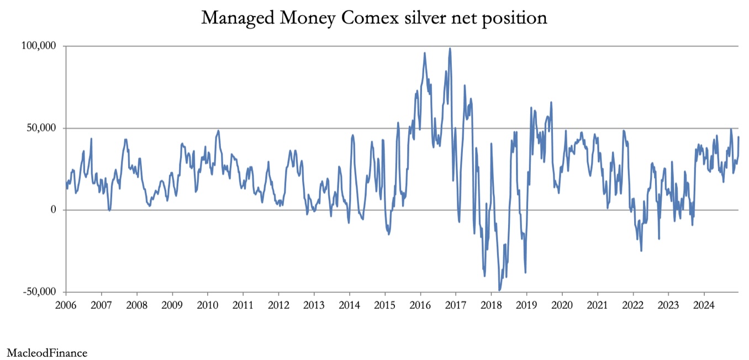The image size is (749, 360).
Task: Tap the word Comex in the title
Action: (x=370, y=17)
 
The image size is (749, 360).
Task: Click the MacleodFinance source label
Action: (x=47, y=353)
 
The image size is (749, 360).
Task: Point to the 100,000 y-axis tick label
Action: (x=39, y=45)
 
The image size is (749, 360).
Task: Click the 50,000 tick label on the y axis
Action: (x=41, y=128)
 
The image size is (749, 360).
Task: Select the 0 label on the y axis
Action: (x=54, y=210)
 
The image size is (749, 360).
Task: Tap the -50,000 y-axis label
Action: (x=39, y=292)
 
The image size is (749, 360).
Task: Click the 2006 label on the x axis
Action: (x=66, y=305)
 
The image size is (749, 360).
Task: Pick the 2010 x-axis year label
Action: (x=208, y=305)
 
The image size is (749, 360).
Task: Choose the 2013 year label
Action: (x=314, y=305)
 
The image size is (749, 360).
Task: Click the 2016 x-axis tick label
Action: (x=420, y=305)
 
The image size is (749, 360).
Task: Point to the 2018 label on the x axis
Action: (x=491, y=305)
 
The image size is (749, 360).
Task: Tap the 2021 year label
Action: (x=598, y=305)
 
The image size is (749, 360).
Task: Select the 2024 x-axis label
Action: (x=704, y=305)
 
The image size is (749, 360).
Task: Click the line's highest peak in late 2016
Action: (x=450, y=49)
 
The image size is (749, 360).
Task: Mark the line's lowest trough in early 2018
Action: (x=499, y=290)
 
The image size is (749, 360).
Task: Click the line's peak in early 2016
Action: (x=425, y=53)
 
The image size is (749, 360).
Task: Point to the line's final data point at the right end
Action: (x=739, y=137)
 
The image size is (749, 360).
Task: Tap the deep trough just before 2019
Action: (x=525, y=272)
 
